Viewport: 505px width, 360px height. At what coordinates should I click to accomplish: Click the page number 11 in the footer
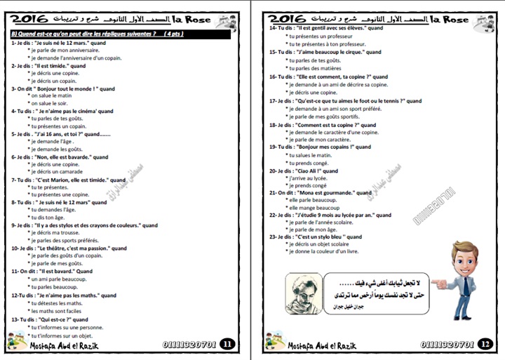227,344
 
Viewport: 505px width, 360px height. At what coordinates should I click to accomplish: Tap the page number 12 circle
485,344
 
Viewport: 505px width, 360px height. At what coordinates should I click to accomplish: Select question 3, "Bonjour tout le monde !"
63,88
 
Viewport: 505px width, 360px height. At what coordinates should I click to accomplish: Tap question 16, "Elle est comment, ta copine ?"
328,76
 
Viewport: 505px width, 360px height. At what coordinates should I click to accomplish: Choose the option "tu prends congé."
311,163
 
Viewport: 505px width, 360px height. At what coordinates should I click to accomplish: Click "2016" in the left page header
34,19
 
